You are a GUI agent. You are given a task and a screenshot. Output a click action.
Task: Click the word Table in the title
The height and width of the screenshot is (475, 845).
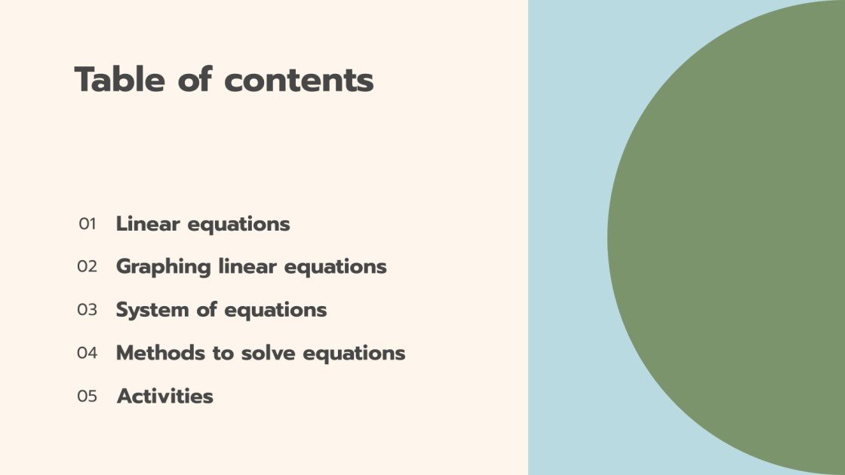coord(121,79)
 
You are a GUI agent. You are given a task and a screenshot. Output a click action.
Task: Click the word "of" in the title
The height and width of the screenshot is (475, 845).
coord(197,79)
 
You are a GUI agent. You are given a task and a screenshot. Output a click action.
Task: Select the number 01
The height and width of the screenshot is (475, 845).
coord(88,224)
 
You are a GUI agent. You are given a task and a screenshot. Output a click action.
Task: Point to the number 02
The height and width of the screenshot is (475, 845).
coord(88,267)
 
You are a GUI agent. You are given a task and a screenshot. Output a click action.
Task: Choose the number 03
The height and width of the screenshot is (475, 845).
coord(88,310)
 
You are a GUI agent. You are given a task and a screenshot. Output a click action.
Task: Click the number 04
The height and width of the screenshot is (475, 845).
coord(88,353)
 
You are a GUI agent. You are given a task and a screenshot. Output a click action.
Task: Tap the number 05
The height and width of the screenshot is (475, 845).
coord(88,396)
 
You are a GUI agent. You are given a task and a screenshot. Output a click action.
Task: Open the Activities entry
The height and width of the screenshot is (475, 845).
coord(164,396)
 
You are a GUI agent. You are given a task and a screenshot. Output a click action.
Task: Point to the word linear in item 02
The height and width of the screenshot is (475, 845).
coord(238,267)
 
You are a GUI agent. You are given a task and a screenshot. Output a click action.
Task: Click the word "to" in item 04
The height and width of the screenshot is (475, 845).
coord(223,353)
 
